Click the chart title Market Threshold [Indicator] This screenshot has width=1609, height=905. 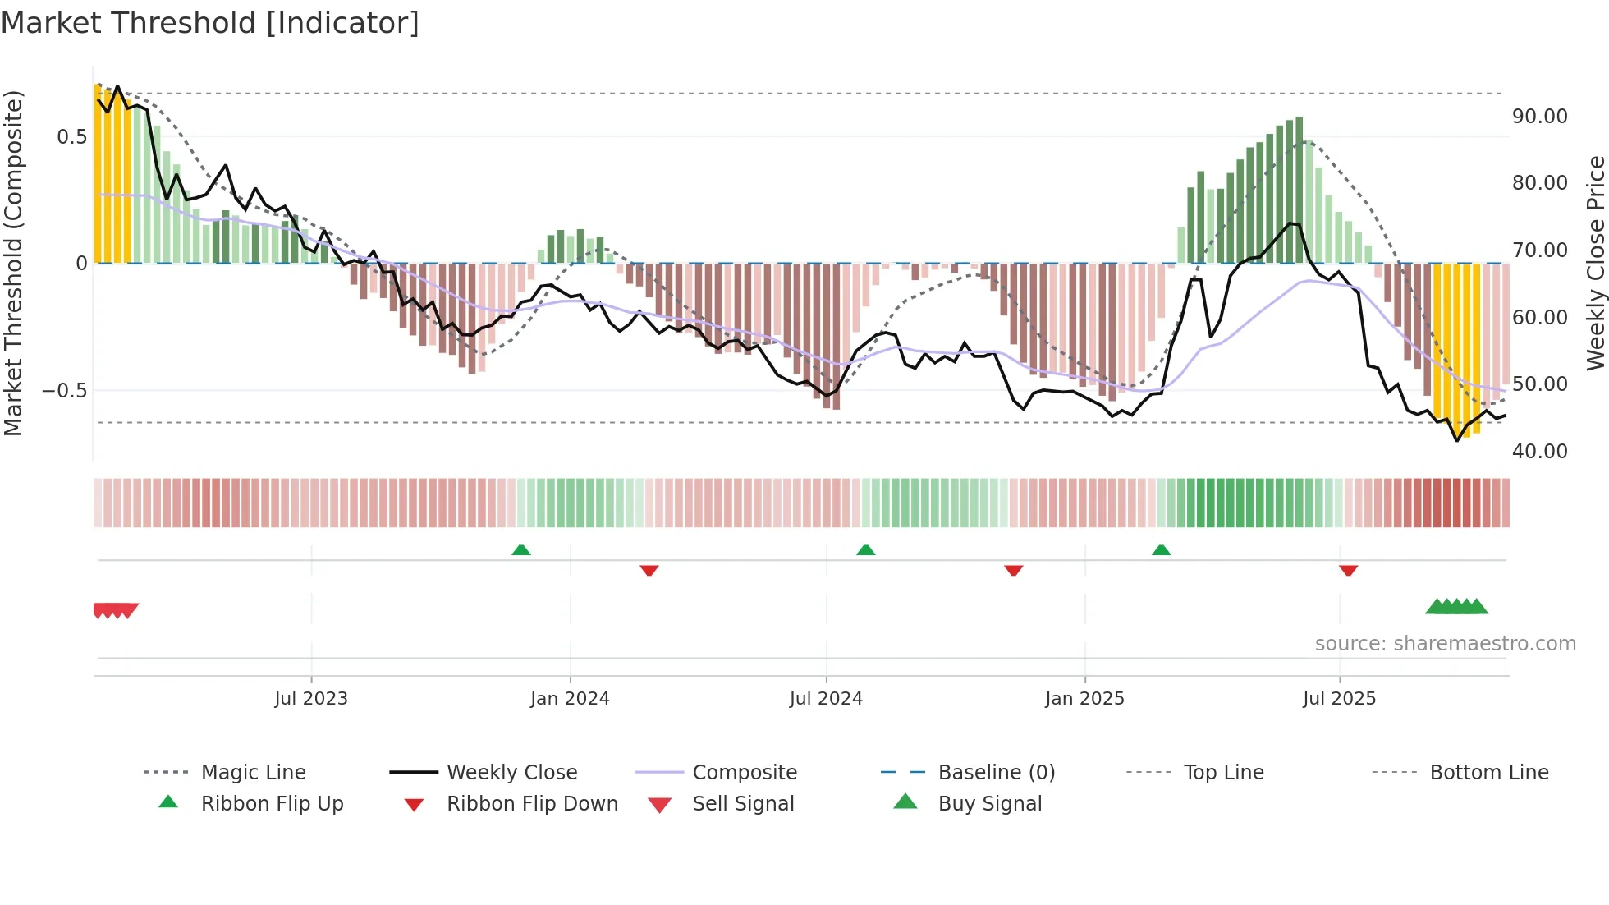pos(210,23)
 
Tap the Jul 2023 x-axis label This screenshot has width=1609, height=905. pos(311,699)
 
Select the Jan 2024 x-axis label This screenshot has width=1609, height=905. pos(570,699)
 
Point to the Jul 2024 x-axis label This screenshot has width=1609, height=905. pos(826,699)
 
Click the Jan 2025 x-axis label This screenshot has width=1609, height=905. pos(1084,699)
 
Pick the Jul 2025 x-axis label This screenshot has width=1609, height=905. pos(1339,699)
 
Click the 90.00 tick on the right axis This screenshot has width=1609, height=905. pos(1539,117)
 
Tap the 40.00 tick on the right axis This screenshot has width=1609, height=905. pos(1539,451)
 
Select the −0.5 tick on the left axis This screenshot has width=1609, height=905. pos(65,391)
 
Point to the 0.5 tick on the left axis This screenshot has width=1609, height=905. pos(71,137)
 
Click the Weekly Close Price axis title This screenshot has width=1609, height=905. pos(1595,263)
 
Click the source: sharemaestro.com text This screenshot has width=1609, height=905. pos(1445,644)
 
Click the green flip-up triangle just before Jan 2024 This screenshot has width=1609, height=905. pos(521,550)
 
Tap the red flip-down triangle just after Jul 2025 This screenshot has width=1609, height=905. pos(1348,570)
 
